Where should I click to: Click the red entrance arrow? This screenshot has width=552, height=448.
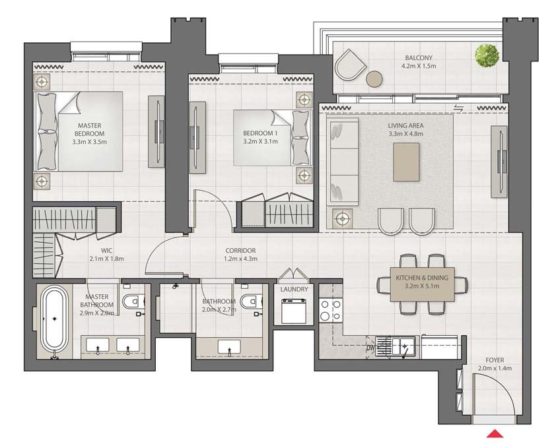[495, 433]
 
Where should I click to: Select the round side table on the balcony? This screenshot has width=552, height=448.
[374, 79]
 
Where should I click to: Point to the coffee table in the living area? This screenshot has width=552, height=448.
[406, 162]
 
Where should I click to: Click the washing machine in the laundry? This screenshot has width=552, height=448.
[294, 311]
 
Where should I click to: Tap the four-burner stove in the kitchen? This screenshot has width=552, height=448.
[330, 311]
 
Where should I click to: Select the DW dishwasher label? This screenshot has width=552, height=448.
[370, 348]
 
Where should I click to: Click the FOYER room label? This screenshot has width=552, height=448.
[495, 360]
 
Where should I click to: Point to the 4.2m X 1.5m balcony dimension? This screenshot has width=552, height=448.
[419, 66]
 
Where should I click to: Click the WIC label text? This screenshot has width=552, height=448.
[107, 250]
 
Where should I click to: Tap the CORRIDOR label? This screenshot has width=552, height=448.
[241, 250]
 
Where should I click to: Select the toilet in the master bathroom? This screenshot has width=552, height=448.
[133, 302]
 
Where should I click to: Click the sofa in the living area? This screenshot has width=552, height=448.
[342, 162]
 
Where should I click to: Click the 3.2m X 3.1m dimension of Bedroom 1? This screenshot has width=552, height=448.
[261, 142]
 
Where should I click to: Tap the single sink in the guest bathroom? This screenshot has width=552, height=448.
[229, 347]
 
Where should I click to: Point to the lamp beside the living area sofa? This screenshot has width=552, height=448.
[342, 219]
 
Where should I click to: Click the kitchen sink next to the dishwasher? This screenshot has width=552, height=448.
[405, 346]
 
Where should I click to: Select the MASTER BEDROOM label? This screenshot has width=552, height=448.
[89, 129]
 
